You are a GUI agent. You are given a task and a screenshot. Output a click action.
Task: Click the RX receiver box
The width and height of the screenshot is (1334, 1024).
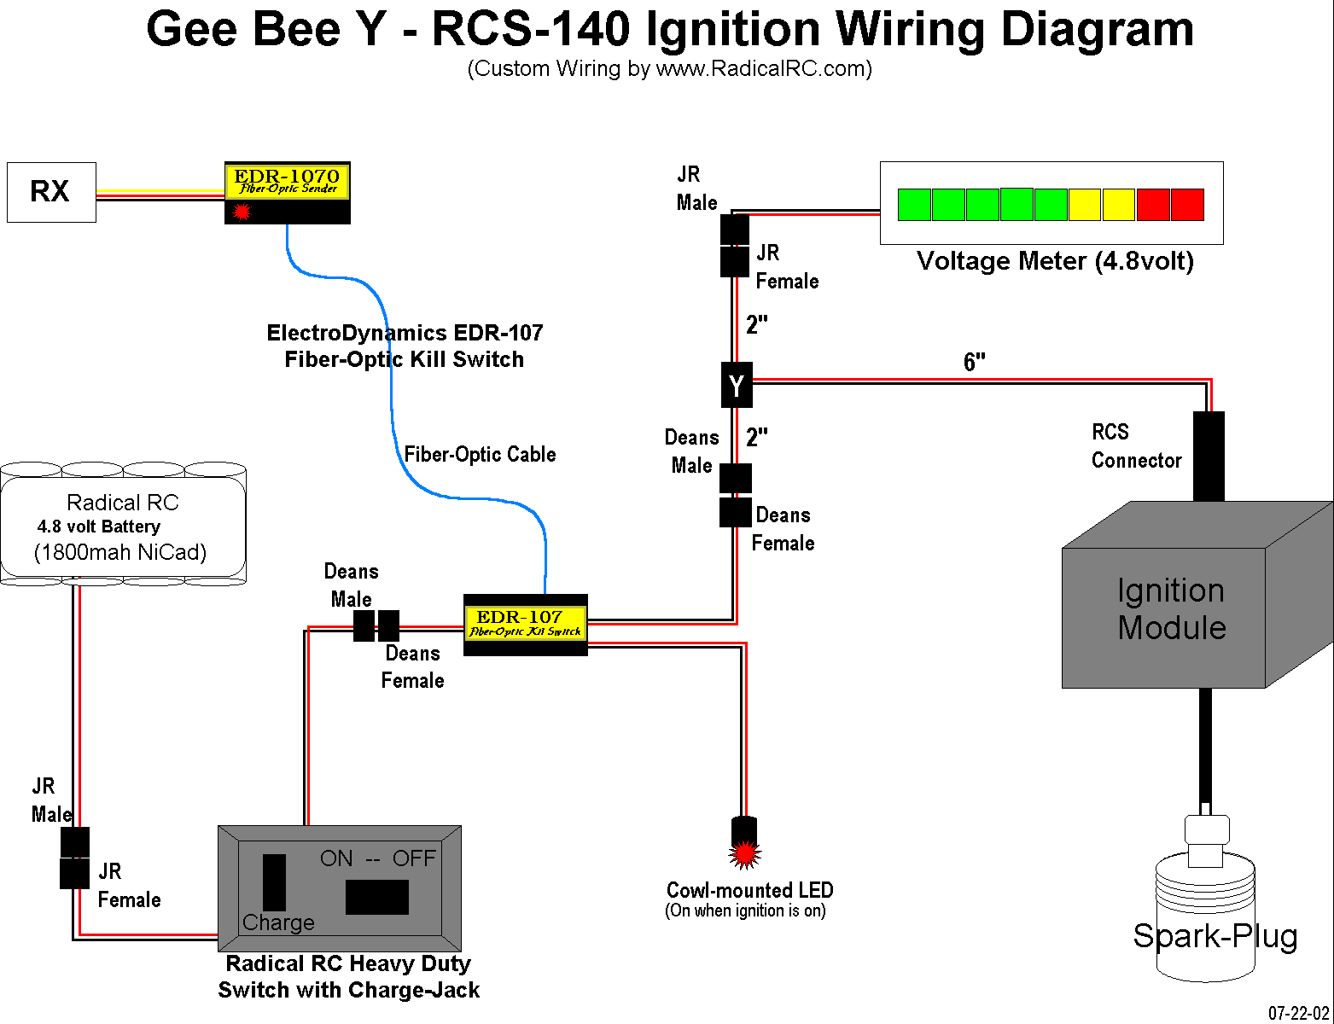51,192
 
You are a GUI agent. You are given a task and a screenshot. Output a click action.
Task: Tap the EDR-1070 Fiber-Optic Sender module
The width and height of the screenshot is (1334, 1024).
287,192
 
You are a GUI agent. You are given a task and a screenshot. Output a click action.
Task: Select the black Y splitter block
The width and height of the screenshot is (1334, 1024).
737,385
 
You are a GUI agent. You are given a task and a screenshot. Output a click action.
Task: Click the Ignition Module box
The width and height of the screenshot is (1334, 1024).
1171,609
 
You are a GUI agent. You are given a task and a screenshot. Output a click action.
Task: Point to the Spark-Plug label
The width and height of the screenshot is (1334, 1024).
1215,936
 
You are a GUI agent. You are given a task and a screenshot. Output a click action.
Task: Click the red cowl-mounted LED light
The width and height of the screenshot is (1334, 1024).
744,852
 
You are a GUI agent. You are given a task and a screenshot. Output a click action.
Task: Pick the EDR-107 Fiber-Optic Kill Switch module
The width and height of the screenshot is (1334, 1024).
525,625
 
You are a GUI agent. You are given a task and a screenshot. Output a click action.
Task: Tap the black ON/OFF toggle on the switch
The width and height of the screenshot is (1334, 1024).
376,897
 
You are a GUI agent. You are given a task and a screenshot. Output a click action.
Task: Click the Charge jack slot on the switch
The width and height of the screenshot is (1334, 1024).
274,882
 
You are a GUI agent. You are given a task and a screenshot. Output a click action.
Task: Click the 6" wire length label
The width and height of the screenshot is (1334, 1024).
974,362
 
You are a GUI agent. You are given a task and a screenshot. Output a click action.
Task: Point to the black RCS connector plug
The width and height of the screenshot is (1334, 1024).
1208,456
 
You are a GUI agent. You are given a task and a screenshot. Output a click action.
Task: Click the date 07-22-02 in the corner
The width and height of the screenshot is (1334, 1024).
1298,1013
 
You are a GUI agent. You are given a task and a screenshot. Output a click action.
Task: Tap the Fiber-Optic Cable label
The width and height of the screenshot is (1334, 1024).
480,454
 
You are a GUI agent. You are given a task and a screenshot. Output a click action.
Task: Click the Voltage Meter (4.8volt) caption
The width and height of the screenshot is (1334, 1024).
1054,261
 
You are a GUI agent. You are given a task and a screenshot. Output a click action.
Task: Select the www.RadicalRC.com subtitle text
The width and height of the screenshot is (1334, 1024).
761,69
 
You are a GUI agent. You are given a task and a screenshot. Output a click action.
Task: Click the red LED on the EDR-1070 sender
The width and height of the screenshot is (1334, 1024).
242,211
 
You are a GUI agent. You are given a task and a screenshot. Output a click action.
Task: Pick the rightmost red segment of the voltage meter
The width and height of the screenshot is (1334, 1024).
1187,205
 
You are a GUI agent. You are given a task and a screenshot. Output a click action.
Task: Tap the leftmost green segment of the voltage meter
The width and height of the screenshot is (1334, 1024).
914,205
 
